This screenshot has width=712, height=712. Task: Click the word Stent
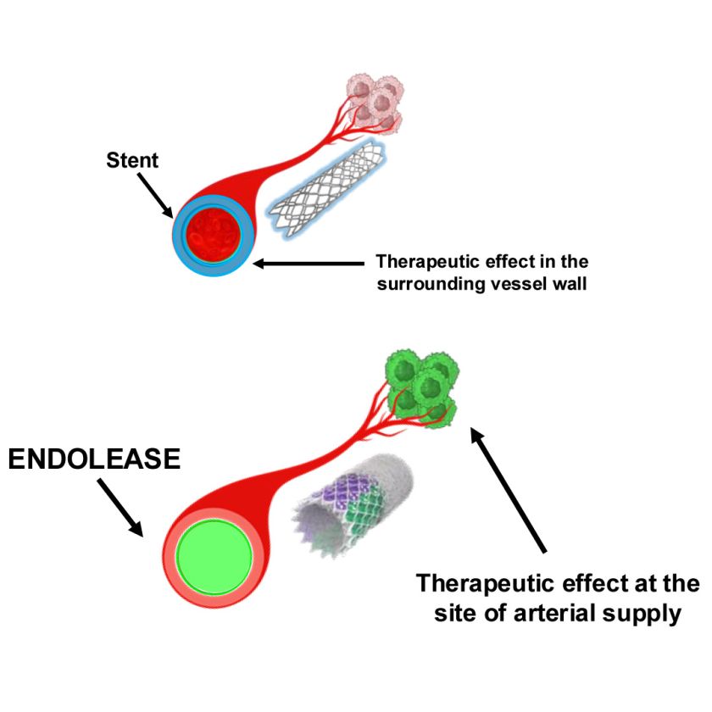[x=131, y=159]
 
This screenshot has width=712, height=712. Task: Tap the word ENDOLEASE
[x=94, y=460]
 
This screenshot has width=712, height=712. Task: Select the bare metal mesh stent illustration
[x=326, y=189]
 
